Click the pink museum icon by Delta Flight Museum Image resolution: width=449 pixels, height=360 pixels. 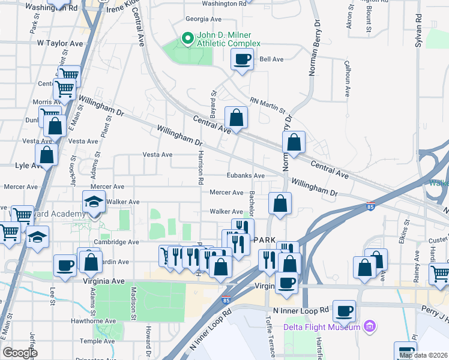370,327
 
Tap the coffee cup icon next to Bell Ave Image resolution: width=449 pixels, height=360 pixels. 242,59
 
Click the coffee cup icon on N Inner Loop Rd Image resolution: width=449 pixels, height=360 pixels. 344,311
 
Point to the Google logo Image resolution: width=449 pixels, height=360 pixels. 20,353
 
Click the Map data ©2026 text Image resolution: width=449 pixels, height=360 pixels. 423,355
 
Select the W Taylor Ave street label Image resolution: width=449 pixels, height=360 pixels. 59,43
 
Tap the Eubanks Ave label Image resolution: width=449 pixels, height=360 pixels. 246,176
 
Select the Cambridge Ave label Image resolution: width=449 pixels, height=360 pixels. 117,242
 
